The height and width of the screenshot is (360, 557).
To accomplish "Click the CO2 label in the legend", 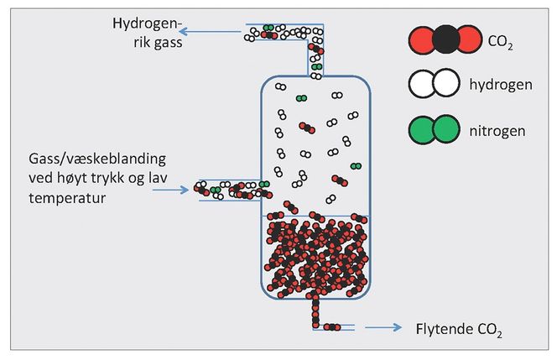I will (495, 39).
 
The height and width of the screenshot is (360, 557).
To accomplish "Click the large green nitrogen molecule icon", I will (435, 129).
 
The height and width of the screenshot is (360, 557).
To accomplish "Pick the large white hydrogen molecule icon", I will (435, 83).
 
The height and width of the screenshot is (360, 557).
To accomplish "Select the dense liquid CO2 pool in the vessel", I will (315, 256).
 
